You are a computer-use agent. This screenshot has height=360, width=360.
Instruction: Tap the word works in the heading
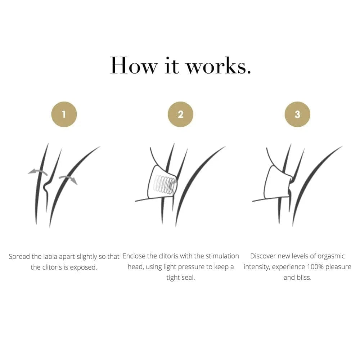click(218, 66)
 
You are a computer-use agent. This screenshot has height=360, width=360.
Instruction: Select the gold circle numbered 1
click(64, 114)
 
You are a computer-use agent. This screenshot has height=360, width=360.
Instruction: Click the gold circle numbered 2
click(180, 114)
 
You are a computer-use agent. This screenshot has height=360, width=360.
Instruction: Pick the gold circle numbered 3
click(297, 114)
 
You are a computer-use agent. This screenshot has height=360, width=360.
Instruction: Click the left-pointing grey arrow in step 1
click(38, 171)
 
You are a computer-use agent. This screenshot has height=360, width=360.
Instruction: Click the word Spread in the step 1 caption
click(19, 256)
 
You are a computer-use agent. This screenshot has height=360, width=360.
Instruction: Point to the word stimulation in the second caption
click(222, 256)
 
